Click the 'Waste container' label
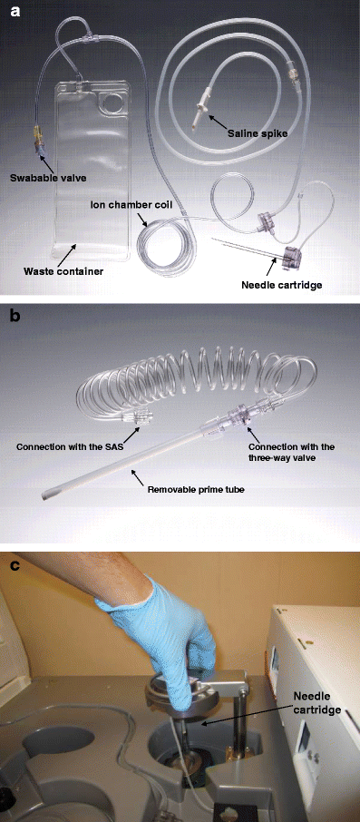point(63,269)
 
